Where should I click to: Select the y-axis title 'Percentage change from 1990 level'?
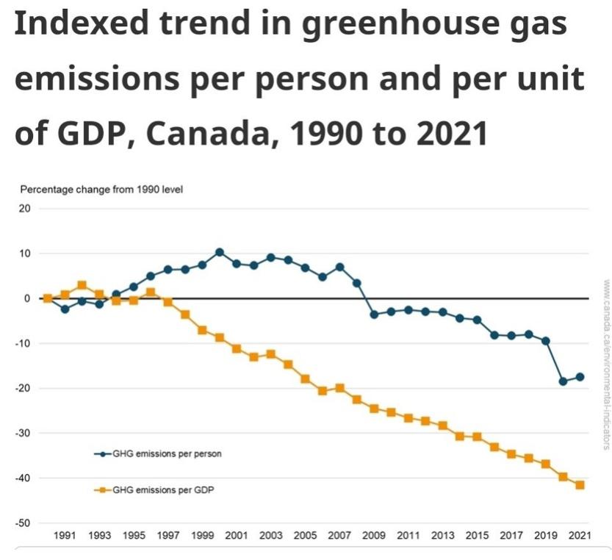click(101, 190)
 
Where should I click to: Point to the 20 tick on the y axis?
click(24, 209)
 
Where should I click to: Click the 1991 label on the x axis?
click(65, 536)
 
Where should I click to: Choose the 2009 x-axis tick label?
click(374, 536)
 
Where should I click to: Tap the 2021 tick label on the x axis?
click(580, 536)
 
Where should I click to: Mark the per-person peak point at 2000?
click(220, 252)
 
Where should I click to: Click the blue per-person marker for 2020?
click(563, 381)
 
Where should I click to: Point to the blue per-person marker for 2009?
click(374, 315)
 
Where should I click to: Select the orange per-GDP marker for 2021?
click(580, 485)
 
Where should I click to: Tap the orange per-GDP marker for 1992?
click(82, 285)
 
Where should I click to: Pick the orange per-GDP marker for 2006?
click(323, 391)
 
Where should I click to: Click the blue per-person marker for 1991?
click(65, 309)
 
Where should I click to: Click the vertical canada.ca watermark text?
click(606, 363)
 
